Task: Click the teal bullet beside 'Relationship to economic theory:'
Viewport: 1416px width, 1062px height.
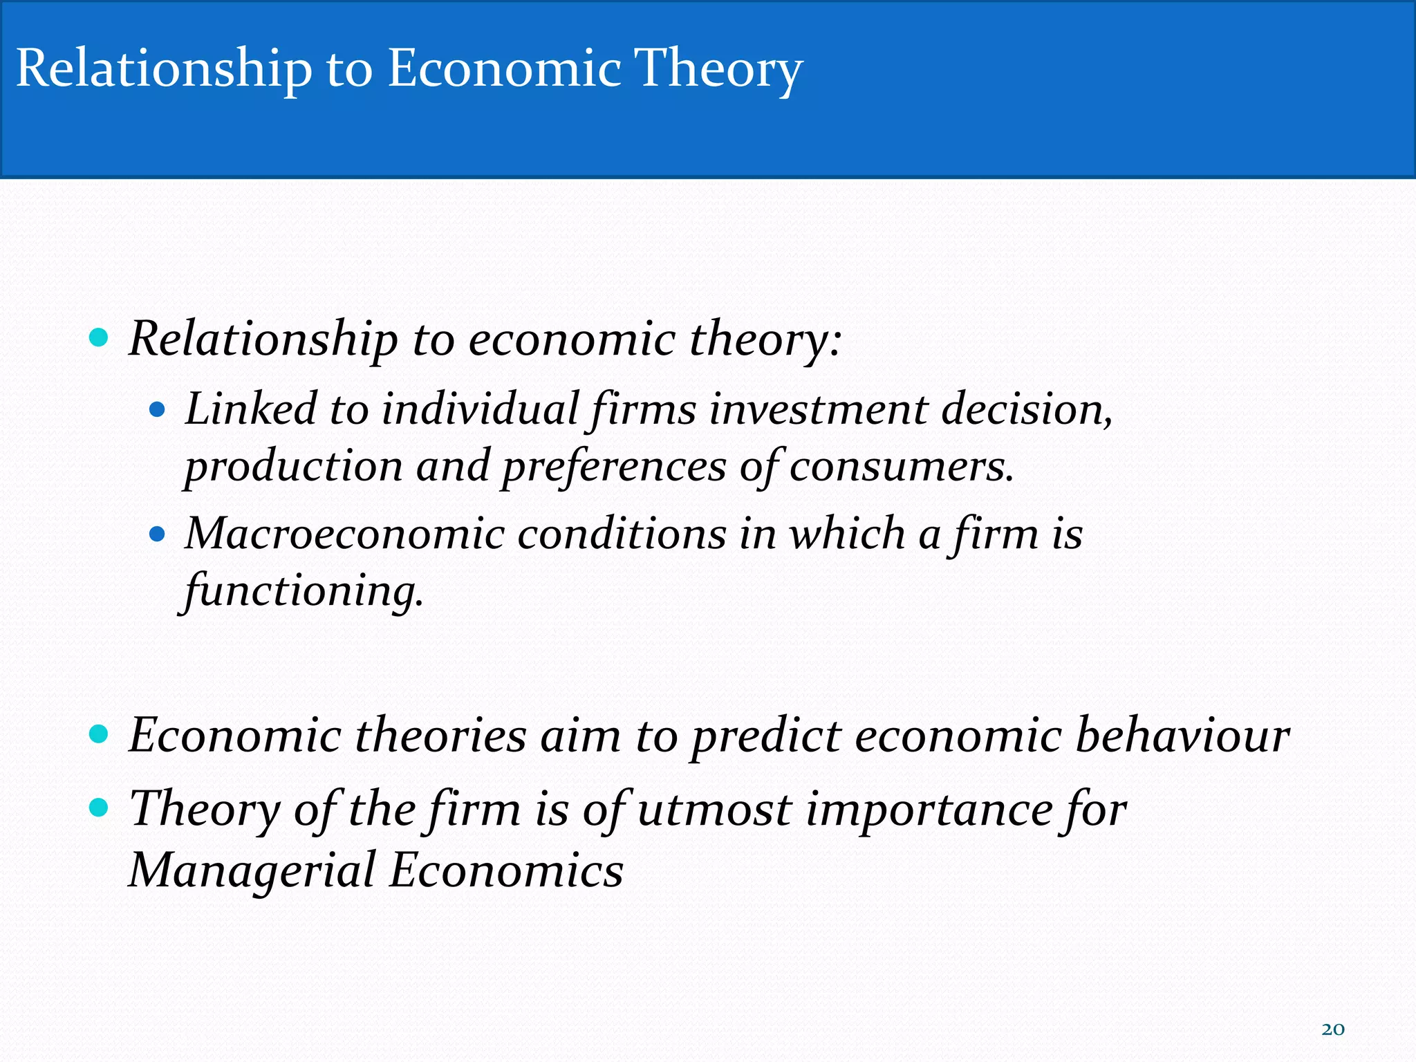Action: (x=100, y=338)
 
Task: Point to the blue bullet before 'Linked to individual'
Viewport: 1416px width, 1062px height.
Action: (x=158, y=410)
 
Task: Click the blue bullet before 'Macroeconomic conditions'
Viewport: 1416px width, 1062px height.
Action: (x=158, y=534)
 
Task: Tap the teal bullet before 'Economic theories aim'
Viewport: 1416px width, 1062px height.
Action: (x=100, y=734)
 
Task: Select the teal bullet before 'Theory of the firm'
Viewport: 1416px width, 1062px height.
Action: (x=100, y=807)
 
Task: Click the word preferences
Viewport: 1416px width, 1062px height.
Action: (x=614, y=467)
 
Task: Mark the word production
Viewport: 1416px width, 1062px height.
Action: (x=294, y=467)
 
